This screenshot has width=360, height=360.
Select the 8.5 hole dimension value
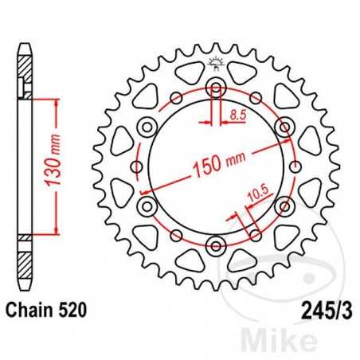pyautogui.click(x=233, y=116)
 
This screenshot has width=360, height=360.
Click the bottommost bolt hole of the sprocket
pyautogui.click(x=215, y=244)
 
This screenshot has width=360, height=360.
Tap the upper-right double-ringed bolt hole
pyautogui.click(x=283, y=127)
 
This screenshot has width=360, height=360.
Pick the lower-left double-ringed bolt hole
pyautogui.click(x=147, y=205)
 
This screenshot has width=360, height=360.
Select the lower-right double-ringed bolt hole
pyautogui.click(x=284, y=205)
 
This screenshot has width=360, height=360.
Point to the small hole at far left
pyautogui.click(x=137, y=166)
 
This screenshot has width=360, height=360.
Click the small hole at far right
pyautogui.click(x=293, y=166)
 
